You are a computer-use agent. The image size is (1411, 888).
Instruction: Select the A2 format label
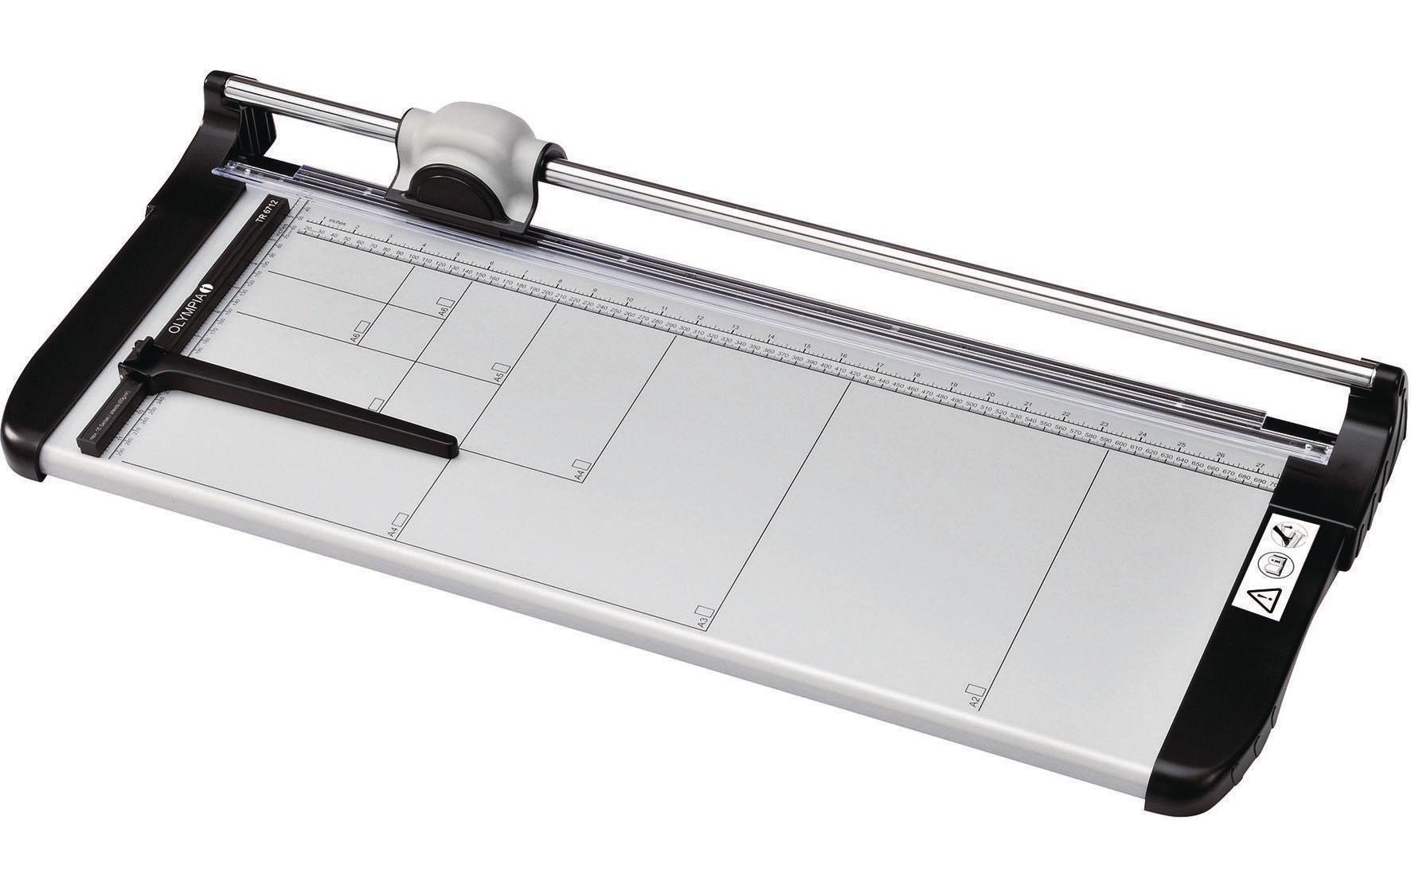click(973, 702)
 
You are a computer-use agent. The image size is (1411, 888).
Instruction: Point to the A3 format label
click(702, 622)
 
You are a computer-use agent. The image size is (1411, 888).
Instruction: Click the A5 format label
click(496, 376)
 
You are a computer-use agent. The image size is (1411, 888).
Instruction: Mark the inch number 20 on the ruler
click(991, 395)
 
